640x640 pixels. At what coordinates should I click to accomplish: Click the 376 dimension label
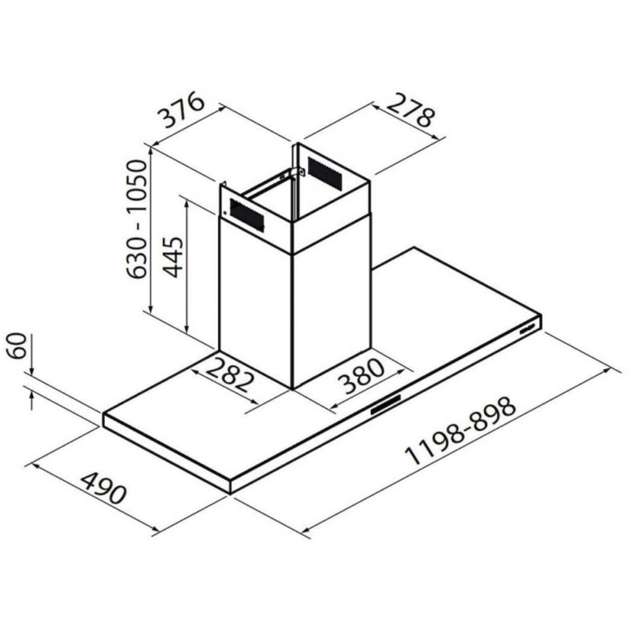coord(182,110)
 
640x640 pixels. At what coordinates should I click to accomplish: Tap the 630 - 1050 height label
coord(136,219)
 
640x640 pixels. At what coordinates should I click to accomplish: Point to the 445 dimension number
coord(172,257)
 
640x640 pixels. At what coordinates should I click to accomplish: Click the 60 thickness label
coord(18,345)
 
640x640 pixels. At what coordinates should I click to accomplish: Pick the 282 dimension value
coord(230,375)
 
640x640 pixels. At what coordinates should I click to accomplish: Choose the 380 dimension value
coord(361,376)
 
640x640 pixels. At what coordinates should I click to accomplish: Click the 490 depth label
coord(103,488)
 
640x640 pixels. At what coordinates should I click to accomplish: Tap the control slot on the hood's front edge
coord(386,404)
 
